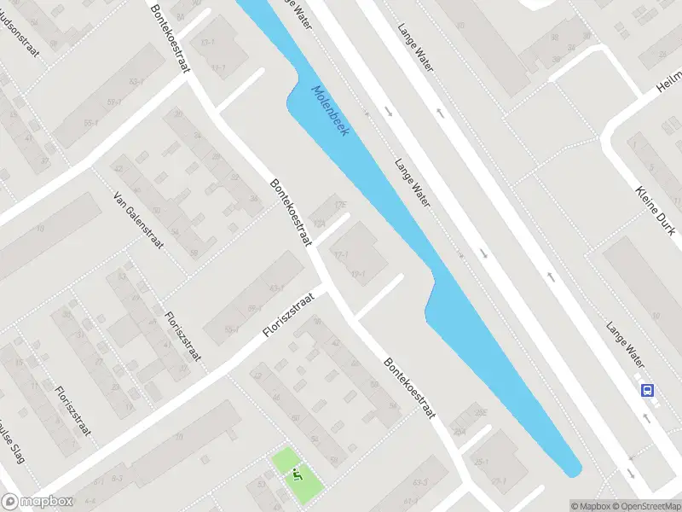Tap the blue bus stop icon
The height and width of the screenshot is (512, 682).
649,391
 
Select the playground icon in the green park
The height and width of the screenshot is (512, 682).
297,474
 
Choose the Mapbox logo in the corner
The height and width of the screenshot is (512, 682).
38,502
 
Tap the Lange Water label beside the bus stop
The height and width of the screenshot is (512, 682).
624,338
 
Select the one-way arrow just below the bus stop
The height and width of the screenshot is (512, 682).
645,417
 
